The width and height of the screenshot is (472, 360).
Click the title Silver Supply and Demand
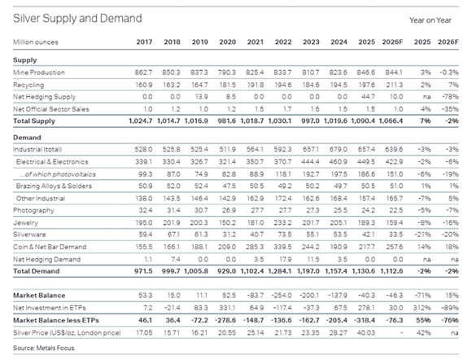(x=77, y=19)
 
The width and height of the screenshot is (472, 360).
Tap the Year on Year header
(x=430, y=20)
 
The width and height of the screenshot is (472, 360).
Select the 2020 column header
(x=228, y=42)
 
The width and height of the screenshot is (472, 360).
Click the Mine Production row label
(x=39, y=72)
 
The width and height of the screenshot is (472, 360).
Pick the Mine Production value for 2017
(x=143, y=72)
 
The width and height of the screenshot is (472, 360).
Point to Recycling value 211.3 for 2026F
(x=395, y=85)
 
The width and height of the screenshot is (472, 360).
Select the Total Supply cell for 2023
(x=311, y=121)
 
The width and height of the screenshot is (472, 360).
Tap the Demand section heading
(x=27, y=138)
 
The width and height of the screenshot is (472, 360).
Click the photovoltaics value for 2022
(x=283, y=174)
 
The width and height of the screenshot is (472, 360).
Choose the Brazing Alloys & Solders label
(x=54, y=187)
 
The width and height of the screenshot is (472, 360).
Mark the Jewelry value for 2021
(x=256, y=223)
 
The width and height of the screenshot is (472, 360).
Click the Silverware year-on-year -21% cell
(x=422, y=235)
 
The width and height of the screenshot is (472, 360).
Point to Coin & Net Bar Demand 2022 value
(x=282, y=247)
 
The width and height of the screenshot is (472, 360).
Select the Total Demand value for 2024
(x=336, y=271)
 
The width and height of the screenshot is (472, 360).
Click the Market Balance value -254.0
(x=282, y=296)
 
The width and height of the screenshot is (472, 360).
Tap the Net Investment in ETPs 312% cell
(x=422, y=308)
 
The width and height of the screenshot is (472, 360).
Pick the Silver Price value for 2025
(x=367, y=333)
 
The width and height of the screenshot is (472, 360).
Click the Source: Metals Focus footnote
(x=44, y=349)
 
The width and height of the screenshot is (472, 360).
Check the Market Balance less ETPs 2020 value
(x=225, y=320)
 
